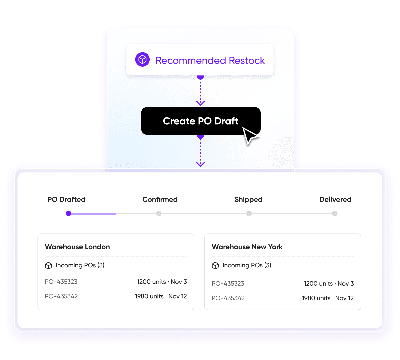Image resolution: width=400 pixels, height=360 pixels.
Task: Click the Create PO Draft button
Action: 201,121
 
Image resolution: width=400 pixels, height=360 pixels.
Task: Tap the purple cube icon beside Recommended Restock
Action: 142,59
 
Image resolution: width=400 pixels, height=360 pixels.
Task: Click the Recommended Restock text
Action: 210,60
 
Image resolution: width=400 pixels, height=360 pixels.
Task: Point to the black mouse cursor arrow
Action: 250,136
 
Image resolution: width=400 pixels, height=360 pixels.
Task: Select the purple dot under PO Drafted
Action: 68,213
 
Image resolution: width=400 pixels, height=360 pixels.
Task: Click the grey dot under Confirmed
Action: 159,213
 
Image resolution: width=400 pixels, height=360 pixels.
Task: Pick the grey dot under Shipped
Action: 249,213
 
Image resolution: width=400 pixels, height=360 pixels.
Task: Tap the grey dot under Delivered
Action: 335,213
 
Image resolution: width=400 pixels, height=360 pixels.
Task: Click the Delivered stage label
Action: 335,199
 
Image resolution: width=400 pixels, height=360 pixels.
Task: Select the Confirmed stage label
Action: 160,199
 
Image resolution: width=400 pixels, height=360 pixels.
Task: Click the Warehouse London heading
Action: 77,247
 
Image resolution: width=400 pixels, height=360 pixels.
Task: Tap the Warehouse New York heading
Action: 247,247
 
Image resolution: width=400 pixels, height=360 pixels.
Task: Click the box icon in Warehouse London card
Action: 48,266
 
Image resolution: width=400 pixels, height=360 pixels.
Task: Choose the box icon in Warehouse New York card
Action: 215,266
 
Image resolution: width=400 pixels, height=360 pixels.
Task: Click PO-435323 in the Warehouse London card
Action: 61,282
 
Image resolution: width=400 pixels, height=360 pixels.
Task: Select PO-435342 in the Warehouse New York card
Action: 228,298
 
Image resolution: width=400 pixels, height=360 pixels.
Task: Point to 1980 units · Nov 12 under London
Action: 161,296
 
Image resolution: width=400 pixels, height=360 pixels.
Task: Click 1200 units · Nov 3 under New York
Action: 329,283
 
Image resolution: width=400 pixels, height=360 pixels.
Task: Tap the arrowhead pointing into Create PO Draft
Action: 200,103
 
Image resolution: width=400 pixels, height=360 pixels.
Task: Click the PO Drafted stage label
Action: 66,199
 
